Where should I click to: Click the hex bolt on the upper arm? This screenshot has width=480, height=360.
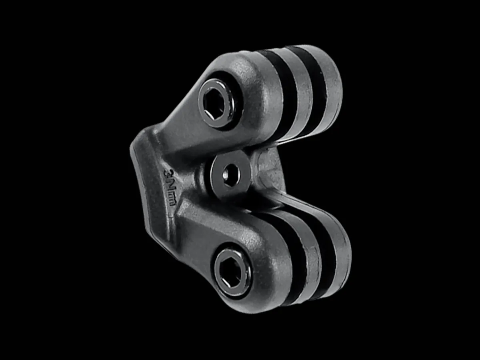[x=216, y=103]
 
